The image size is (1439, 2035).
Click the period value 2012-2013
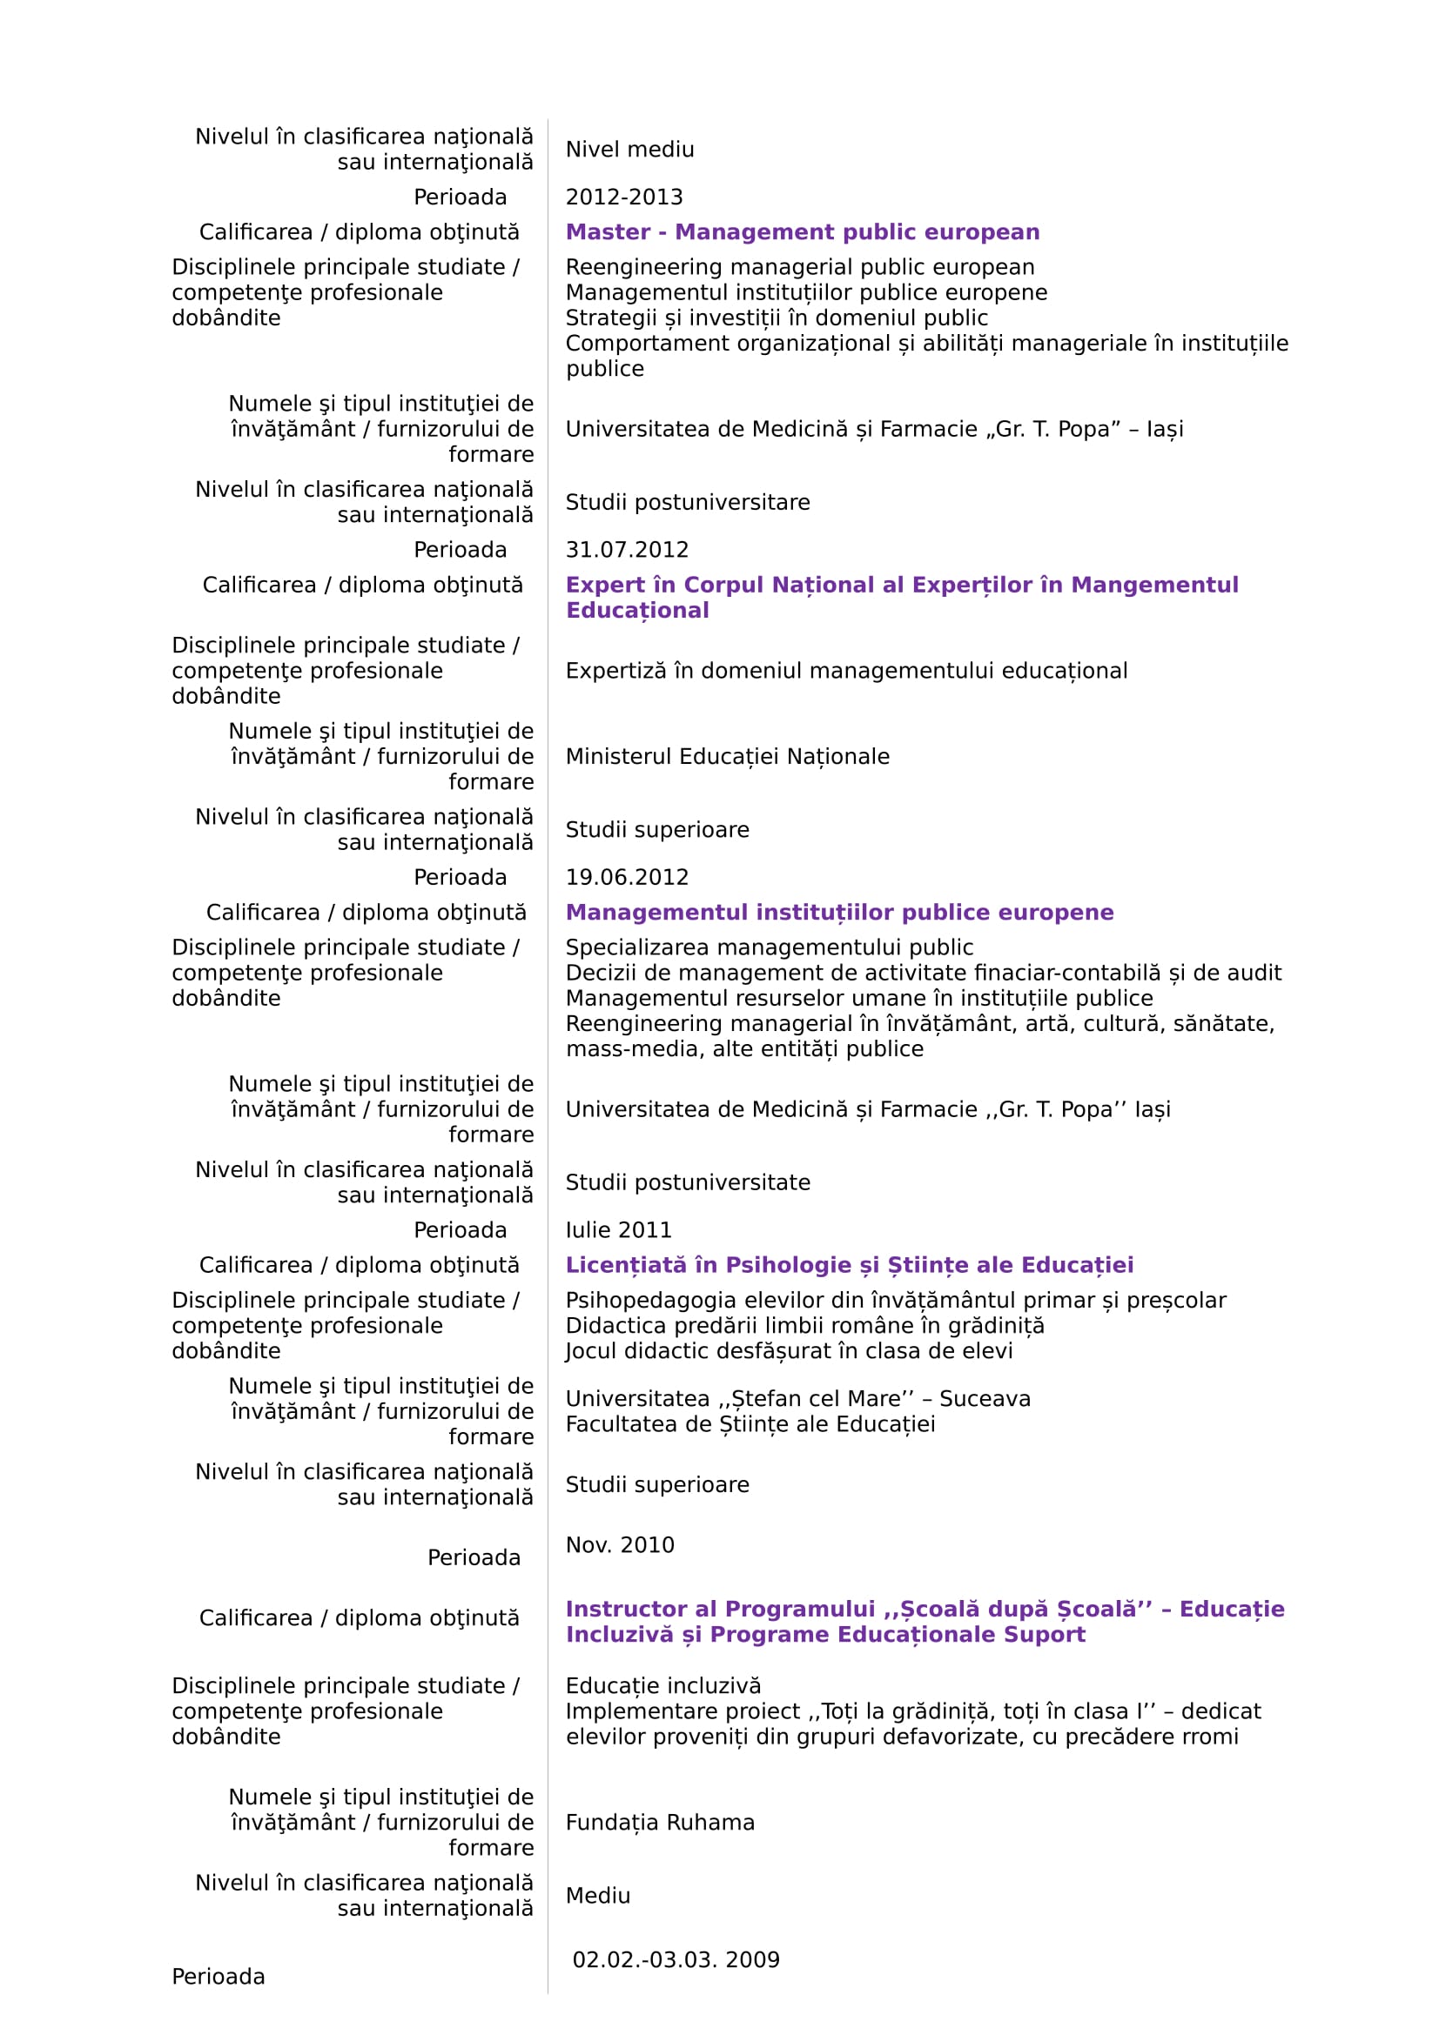coord(624,197)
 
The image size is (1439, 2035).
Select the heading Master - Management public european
coord(802,232)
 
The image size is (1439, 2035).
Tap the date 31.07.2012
coord(627,550)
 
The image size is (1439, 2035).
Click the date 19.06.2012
coord(627,877)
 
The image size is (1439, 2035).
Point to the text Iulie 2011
coord(618,1229)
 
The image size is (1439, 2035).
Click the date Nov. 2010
coord(620,1545)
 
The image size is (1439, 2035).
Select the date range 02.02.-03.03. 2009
coord(676,1959)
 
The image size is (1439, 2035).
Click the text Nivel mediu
coord(629,150)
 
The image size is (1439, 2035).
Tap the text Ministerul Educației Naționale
coord(727,756)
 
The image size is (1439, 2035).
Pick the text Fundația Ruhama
coord(660,1823)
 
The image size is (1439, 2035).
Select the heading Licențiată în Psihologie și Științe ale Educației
coord(850,1265)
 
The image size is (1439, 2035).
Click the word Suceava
coord(985,1399)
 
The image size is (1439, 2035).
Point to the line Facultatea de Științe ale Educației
coord(750,1424)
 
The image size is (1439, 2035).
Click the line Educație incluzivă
coord(663,1686)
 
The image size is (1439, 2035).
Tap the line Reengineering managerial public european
coord(800,267)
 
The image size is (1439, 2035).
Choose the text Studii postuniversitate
coord(687,1182)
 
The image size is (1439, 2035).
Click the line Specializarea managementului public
coord(769,947)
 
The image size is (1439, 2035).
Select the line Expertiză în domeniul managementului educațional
coord(846,671)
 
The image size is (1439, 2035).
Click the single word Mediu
coord(597,1896)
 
